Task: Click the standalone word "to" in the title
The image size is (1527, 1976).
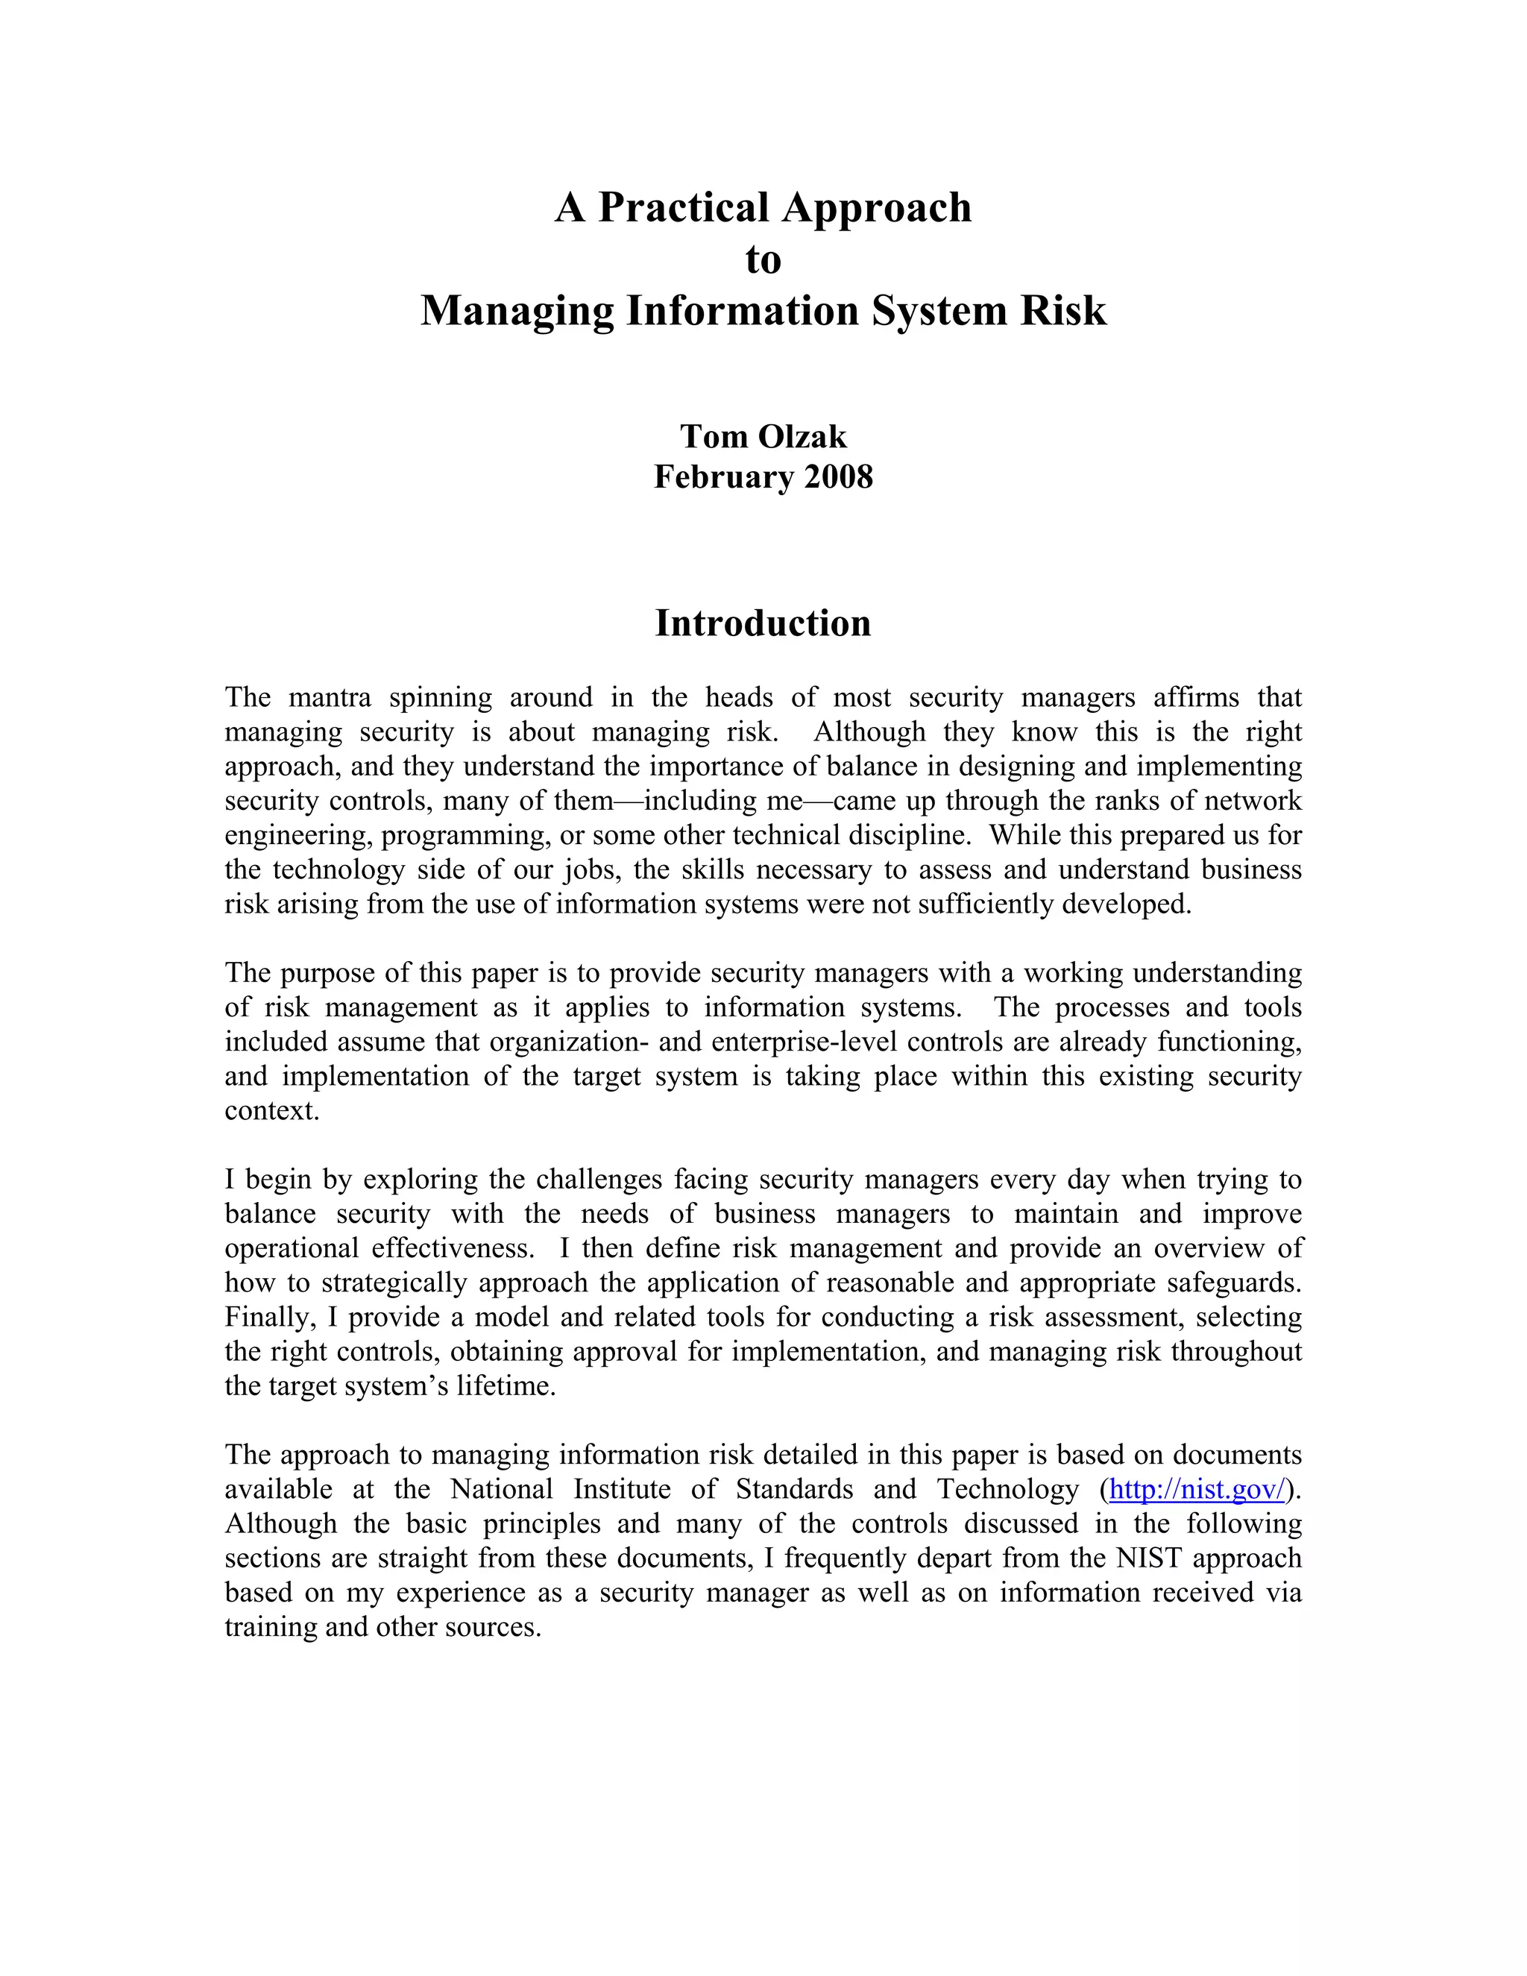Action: [x=763, y=259]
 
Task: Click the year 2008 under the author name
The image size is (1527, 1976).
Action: [x=839, y=476]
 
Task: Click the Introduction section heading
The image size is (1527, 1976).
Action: [x=763, y=623]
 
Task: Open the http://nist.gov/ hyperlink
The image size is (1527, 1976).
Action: [x=1196, y=1489]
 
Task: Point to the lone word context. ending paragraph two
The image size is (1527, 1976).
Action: [x=272, y=1111]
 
